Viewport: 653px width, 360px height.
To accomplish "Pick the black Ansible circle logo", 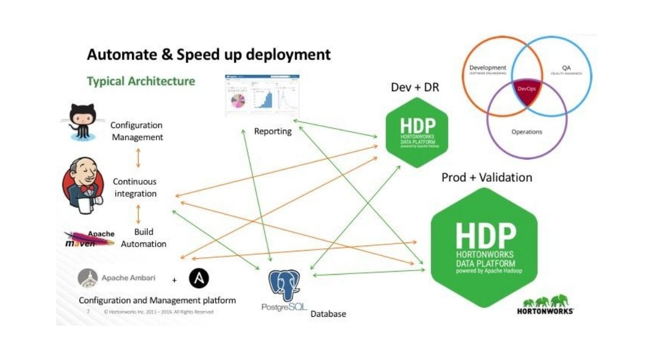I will pyautogui.click(x=199, y=278).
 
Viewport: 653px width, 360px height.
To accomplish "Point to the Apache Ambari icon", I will pyautogui.click(x=88, y=278).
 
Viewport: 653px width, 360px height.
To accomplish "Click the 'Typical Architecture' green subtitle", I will pyautogui.click(x=141, y=81).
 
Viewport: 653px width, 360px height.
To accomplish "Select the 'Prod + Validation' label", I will pyautogui.click(x=487, y=177).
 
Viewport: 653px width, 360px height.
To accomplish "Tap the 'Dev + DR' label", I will pyautogui.click(x=415, y=88).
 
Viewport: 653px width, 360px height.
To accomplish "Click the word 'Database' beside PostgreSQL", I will pyautogui.click(x=328, y=314).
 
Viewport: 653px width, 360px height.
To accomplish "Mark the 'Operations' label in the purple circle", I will pyautogui.click(x=526, y=131).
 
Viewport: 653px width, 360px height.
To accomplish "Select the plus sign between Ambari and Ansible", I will pyautogui.click(x=175, y=279).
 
